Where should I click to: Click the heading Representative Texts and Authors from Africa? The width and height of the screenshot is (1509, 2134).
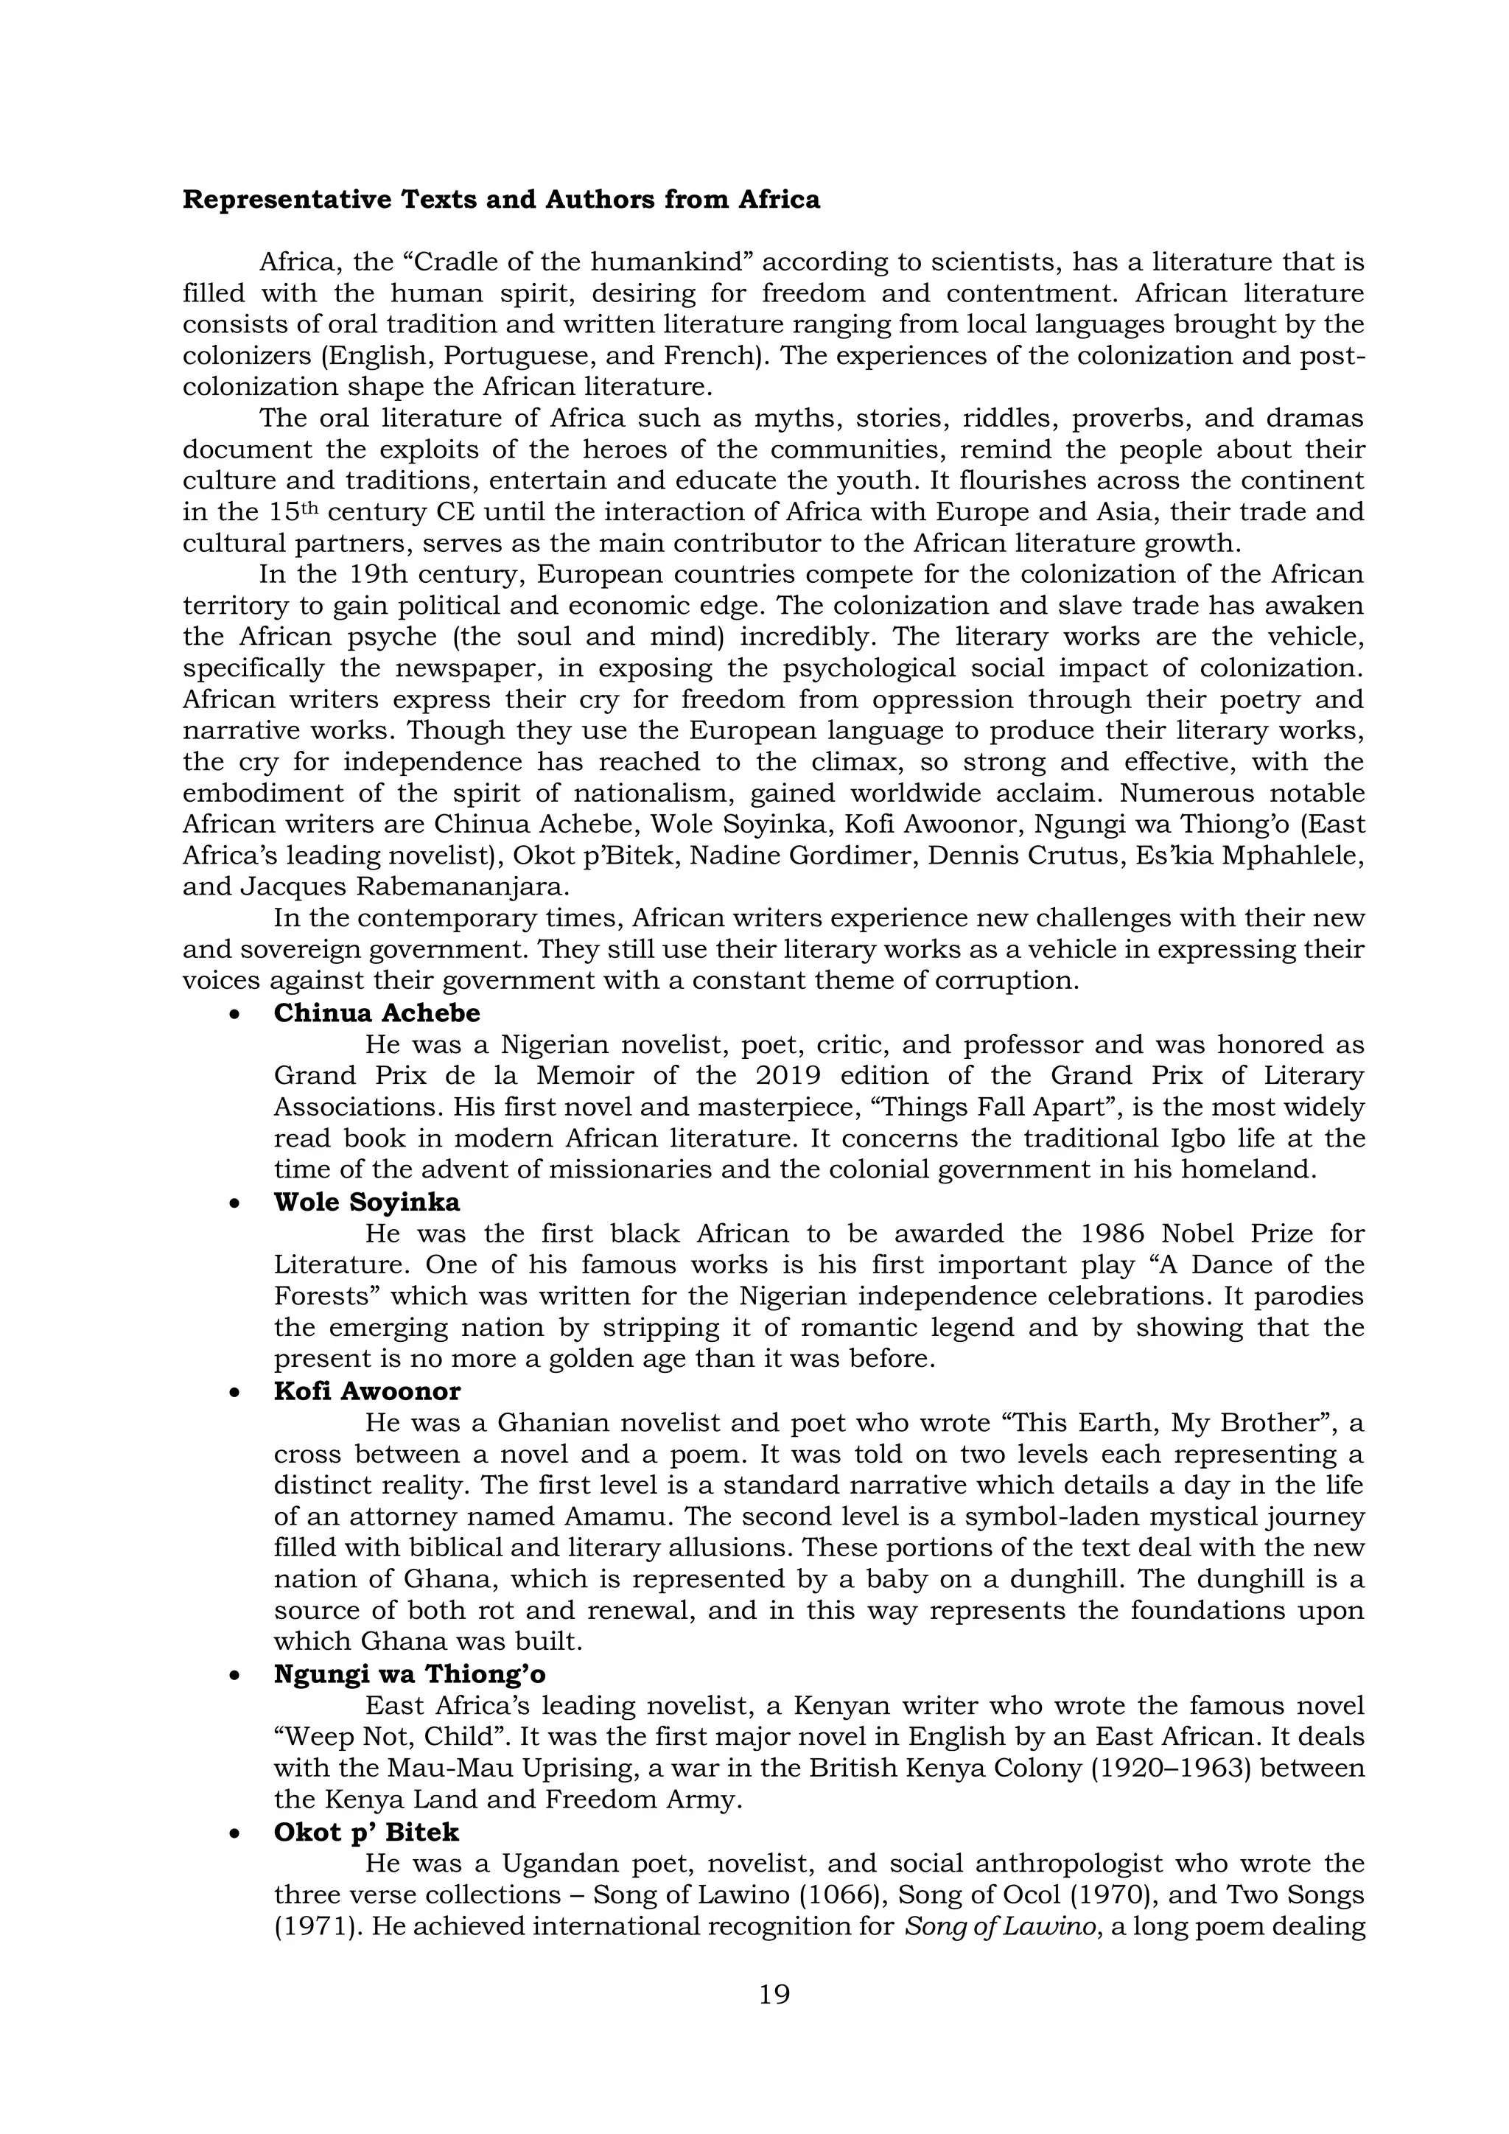501,200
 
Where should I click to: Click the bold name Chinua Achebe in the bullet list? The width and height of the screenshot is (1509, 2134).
377,1013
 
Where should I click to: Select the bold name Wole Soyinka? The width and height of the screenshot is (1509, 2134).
366,1202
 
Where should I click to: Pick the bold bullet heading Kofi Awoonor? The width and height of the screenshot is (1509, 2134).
367,1391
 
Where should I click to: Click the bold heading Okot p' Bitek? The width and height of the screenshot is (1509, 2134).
366,1832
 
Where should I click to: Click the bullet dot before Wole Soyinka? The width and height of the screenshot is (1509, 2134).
236,1203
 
